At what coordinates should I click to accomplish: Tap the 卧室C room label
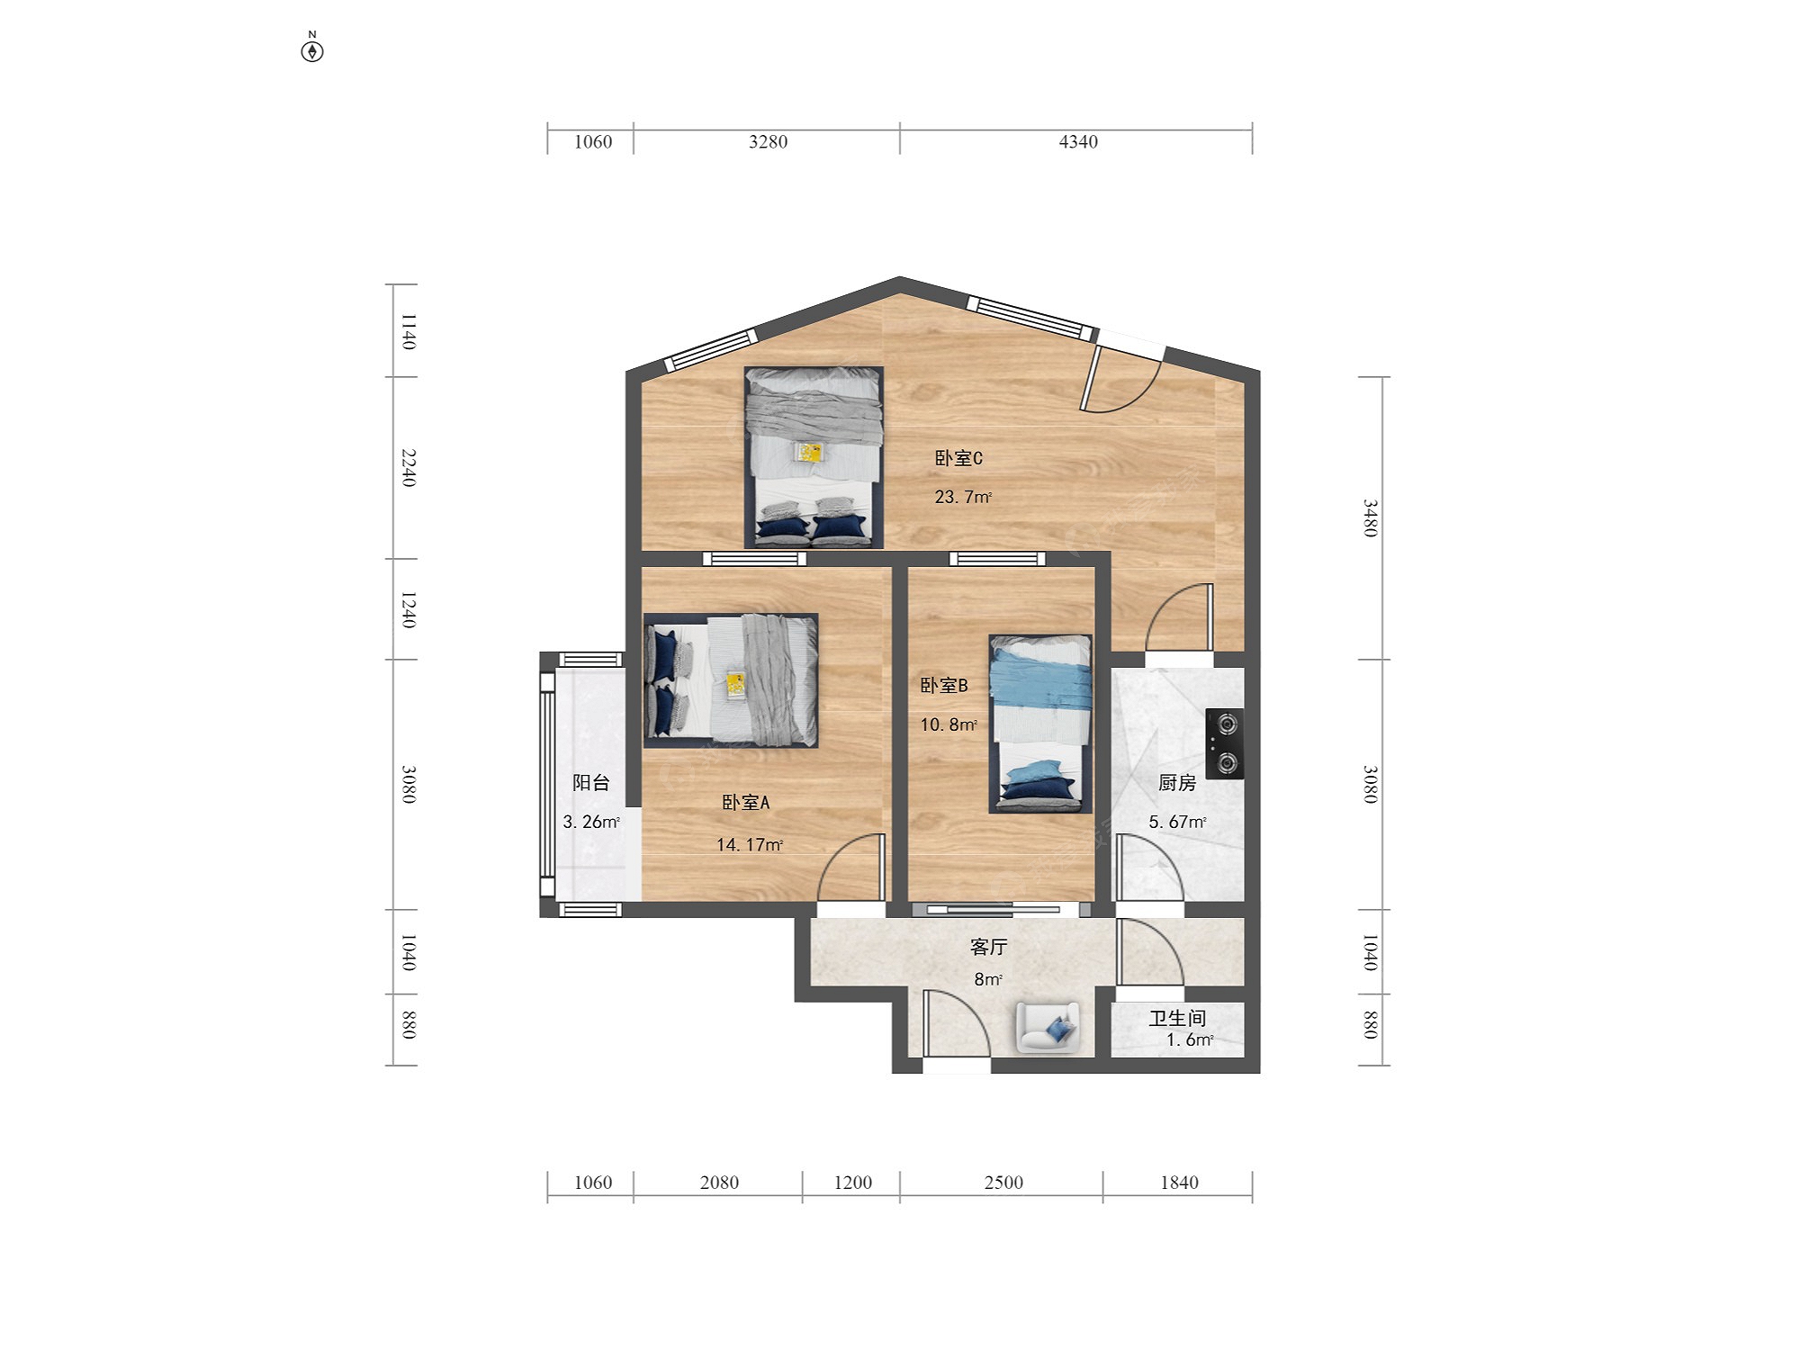(958, 458)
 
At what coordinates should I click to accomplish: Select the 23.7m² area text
(963, 497)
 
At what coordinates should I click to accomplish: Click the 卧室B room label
(944, 685)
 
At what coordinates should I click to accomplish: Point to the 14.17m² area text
(750, 844)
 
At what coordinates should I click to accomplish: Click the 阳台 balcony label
(591, 783)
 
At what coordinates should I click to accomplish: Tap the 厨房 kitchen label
(1177, 783)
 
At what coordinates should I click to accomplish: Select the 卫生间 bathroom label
(1177, 1018)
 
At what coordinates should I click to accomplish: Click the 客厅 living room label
(988, 947)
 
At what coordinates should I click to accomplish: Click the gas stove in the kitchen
(1225, 744)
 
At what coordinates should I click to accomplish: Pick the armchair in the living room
(1048, 1027)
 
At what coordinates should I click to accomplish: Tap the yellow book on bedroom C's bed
(810, 452)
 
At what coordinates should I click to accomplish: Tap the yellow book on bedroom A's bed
(736, 685)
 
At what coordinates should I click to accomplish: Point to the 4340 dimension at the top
(1078, 141)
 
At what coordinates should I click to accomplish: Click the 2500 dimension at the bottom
(1003, 1183)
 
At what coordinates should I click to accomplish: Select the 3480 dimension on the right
(1369, 518)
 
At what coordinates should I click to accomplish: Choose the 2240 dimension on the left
(408, 468)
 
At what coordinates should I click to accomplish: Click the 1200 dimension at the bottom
(852, 1183)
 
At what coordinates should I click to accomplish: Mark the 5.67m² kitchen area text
(1177, 822)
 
